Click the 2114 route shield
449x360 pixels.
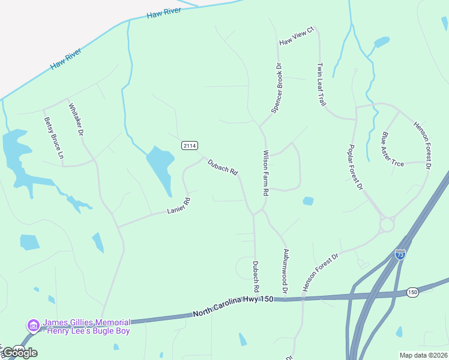coord(190,145)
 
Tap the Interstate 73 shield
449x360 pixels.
coord(400,254)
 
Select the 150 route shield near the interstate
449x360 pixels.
coord(412,292)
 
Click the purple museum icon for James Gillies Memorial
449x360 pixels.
coord(34,325)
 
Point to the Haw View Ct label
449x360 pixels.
coord(297,37)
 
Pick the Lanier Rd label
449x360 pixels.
coord(178,206)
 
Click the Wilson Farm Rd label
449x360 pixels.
coord(265,173)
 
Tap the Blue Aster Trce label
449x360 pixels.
coord(393,149)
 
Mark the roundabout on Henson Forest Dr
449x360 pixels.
coord(386,225)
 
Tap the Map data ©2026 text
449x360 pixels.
coord(423,355)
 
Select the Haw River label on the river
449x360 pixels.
coord(65,59)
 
